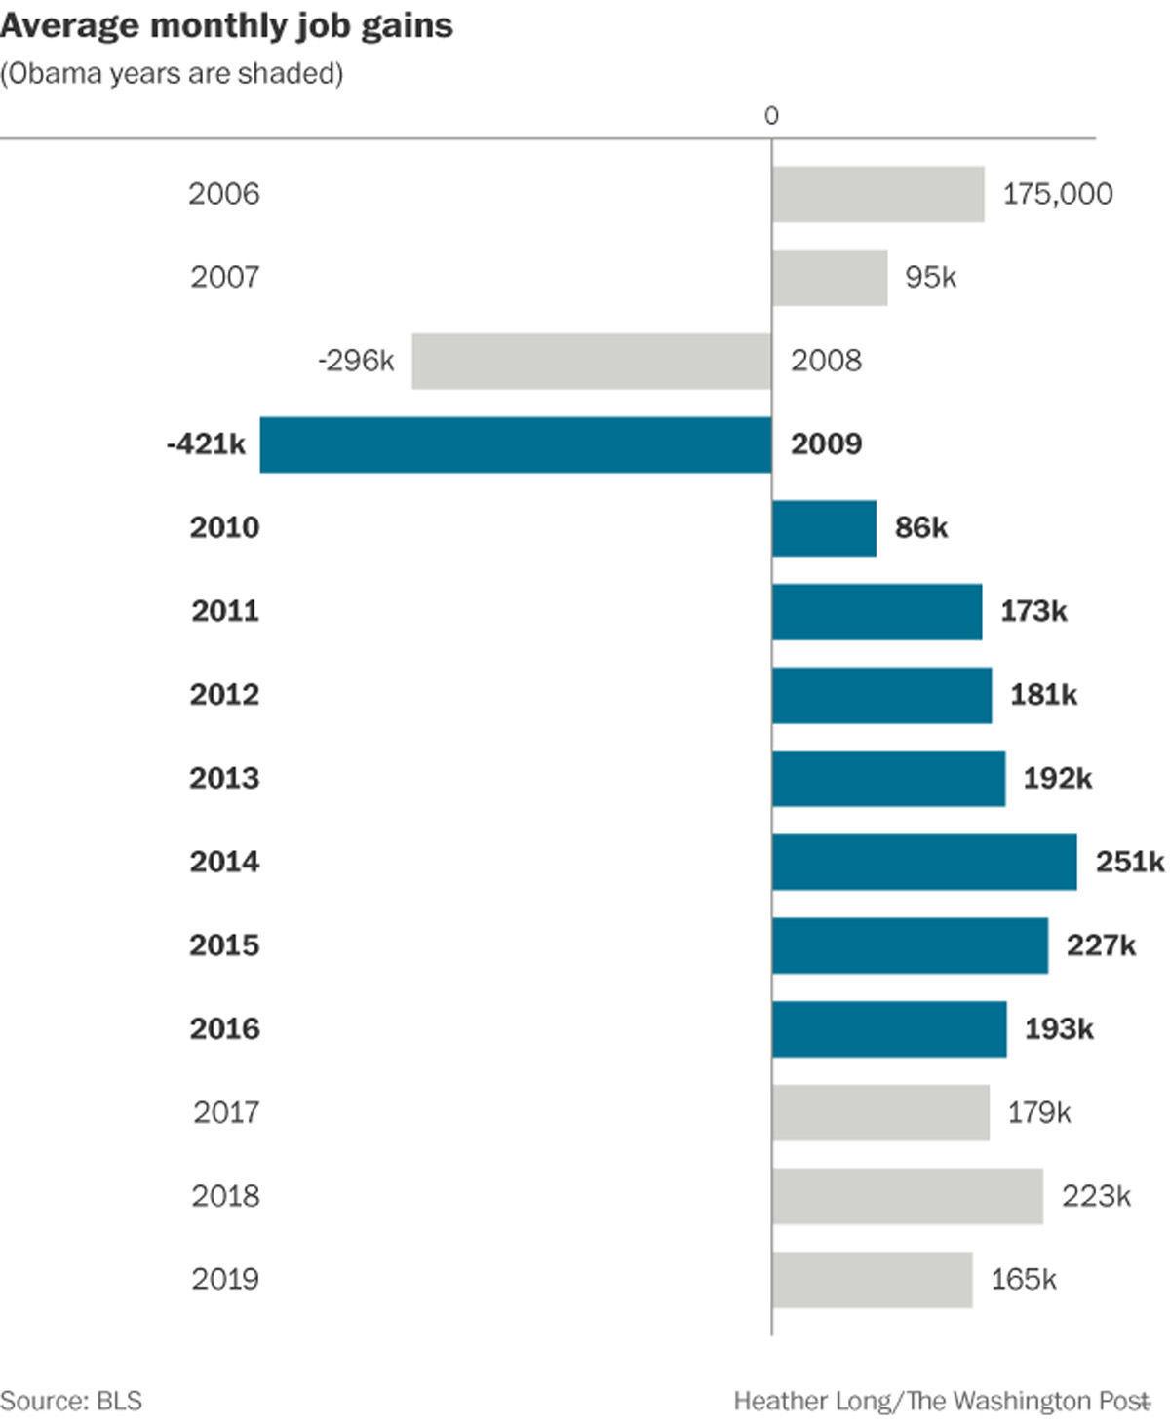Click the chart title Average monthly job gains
[226, 26]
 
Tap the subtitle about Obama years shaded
[172, 74]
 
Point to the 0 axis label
[771, 116]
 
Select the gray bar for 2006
[877, 194]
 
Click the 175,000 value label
[1057, 194]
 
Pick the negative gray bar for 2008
[591, 361]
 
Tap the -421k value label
[206, 444]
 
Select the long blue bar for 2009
[515, 444]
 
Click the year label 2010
[224, 527]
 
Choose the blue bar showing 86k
[824, 528]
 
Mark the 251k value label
[1129, 862]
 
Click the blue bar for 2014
[924, 862]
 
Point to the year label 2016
[224, 1028]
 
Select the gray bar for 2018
[907, 1196]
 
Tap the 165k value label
[1023, 1279]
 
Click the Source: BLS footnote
[71, 1401]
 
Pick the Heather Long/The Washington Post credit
[941, 1401]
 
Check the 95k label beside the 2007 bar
[930, 278]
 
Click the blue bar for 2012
[881, 695]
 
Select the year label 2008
[826, 361]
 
